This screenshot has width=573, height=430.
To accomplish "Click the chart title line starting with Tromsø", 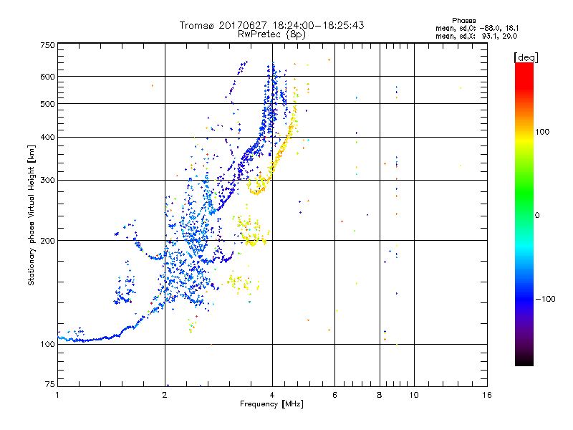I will click(x=272, y=25).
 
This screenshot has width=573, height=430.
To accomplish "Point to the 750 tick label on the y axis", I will click(x=47, y=45).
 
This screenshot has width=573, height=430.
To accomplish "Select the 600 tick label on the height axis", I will click(x=47, y=77).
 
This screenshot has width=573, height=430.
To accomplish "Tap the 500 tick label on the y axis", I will click(x=47, y=104).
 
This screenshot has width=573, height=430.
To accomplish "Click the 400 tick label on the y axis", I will click(x=47, y=137).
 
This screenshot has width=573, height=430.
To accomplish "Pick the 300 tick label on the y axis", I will click(x=47, y=180).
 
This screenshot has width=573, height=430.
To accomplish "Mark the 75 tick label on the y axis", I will click(x=49, y=385).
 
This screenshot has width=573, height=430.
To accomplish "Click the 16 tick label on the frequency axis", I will click(x=486, y=395).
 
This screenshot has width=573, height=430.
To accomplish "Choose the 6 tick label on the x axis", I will click(x=335, y=395).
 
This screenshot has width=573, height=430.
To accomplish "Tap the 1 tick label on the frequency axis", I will click(x=57, y=395).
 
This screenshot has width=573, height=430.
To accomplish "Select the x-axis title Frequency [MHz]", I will click(x=272, y=404).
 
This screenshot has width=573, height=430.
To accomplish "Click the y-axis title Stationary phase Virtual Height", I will click(x=32, y=215).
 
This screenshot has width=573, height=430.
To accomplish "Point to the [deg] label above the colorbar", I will click(x=526, y=57).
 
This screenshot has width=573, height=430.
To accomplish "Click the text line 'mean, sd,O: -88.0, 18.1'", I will click(x=476, y=29).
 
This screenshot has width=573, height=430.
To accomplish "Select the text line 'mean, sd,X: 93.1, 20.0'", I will click(x=476, y=36).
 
